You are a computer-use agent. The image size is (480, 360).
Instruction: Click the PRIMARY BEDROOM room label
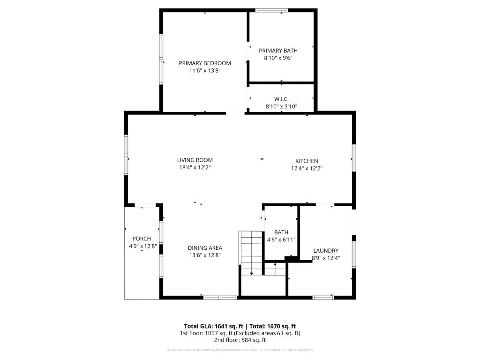point(205,63)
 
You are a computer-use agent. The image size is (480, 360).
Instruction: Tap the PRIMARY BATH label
point(278,51)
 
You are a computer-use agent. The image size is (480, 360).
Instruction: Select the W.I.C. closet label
point(281,99)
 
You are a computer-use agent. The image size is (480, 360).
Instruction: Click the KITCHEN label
point(307,161)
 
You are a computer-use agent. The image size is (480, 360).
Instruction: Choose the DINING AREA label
point(205,248)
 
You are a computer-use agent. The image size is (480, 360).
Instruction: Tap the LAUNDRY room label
point(326,251)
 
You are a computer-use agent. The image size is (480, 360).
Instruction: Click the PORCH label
point(142,239)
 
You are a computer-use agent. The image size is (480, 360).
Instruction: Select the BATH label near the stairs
point(281,232)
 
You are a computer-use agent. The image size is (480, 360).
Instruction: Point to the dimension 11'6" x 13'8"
point(205,71)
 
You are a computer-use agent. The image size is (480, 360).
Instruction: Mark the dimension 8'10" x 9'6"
point(278,58)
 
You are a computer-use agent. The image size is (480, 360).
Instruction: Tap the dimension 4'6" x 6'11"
point(281,240)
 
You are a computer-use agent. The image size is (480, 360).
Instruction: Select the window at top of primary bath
point(271,10)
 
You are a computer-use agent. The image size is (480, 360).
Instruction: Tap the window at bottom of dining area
point(220,297)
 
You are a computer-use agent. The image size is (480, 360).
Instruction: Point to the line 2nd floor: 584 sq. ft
point(240,340)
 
